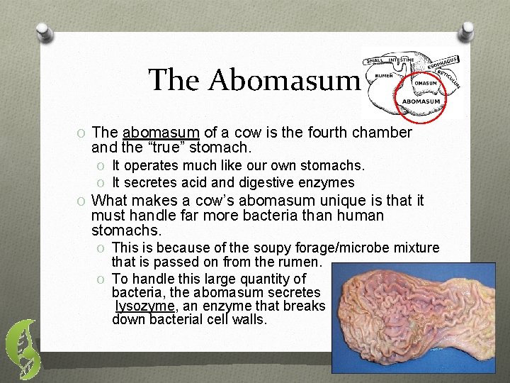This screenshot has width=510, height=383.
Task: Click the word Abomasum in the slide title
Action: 283,80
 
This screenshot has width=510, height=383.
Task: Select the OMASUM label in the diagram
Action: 425,82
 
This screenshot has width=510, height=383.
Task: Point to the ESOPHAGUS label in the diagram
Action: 444,62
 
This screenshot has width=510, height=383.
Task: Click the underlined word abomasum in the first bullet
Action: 161,133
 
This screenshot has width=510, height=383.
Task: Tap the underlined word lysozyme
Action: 145,306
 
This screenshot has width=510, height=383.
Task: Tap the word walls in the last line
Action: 250,319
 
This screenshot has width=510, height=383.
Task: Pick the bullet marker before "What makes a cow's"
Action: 83,201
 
